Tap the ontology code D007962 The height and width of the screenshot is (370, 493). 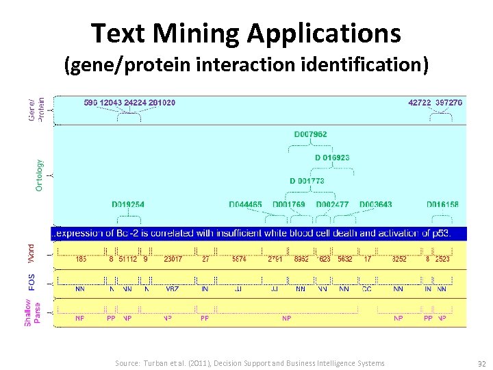(311, 134)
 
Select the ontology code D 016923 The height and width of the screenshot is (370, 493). (332, 158)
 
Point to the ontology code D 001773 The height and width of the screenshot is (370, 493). (307, 181)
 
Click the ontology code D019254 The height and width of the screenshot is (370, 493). (128, 204)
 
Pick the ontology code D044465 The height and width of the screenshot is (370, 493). (245, 204)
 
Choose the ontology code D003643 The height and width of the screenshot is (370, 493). (375, 204)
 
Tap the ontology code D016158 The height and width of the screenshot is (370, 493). (442, 204)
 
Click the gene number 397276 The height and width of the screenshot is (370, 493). (448, 102)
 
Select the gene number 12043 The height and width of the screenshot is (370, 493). (111, 102)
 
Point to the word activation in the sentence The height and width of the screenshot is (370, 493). (396, 233)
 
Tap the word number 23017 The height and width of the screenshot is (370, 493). (173, 259)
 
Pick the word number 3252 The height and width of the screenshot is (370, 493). (399, 259)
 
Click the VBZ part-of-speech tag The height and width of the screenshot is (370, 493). (172, 289)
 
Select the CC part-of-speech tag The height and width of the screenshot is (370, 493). (366, 289)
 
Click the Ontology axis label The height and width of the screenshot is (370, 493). (39, 175)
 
